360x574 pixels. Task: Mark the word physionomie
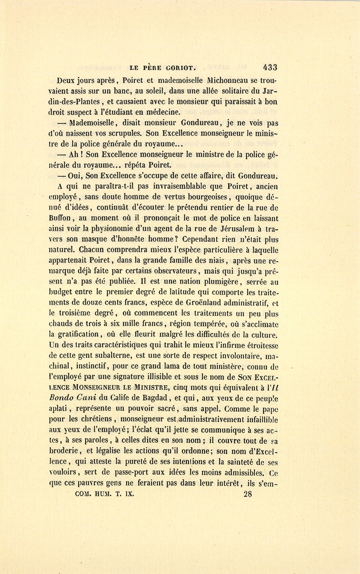pos(119,229)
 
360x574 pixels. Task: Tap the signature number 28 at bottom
pos(247,494)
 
